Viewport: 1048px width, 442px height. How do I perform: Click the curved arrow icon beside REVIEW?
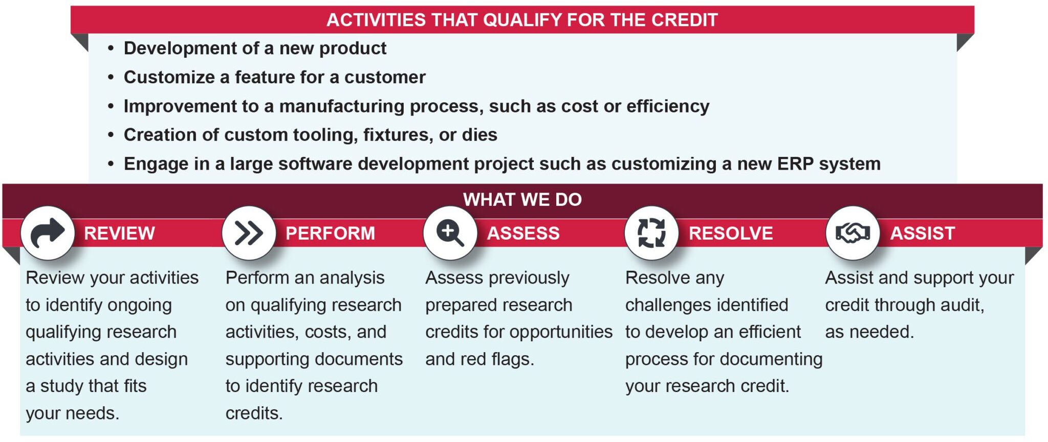(48, 233)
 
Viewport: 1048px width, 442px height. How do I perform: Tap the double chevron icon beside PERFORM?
(249, 234)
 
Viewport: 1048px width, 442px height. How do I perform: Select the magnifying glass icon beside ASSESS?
(450, 234)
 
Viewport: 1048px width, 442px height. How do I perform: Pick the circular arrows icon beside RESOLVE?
(651, 233)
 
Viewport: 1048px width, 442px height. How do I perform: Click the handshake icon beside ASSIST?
(853, 234)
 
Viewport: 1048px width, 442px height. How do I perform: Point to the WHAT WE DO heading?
(522, 199)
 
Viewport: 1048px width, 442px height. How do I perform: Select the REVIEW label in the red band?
(119, 234)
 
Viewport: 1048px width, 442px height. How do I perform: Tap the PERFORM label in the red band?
(330, 234)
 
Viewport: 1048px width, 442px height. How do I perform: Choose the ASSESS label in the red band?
(523, 234)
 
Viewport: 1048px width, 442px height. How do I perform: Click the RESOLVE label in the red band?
(731, 234)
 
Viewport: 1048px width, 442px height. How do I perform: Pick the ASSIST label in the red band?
(923, 234)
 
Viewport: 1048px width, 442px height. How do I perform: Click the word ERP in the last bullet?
(795, 164)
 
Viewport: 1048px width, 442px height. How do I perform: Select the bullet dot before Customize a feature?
(111, 78)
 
